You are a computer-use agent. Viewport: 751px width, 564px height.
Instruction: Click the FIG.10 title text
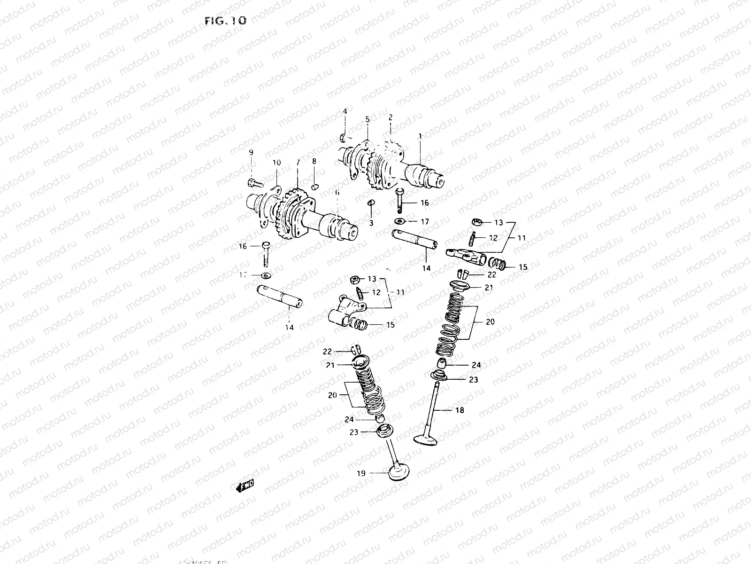[225, 21]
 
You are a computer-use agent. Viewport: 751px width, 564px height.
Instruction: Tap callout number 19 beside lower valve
[360, 473]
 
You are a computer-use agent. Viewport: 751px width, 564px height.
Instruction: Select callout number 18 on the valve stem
[460, 410]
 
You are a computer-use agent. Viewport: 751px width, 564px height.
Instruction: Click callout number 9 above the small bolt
[251, 152]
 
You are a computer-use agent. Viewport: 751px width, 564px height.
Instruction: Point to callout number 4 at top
[345, 111]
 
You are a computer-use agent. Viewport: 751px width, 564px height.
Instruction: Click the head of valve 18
[426, 439]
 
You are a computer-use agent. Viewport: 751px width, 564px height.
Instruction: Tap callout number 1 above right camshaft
[420, 136]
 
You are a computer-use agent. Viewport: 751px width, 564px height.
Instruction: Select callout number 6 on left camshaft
[337, 192]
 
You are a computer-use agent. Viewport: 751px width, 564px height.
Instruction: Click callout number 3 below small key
[371, 223]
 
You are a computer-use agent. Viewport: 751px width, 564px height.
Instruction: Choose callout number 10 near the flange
[276, 163]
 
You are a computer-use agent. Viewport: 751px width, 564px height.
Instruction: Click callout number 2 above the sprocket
[390, 117]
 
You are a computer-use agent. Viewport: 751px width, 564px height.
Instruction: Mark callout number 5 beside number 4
[368, 119]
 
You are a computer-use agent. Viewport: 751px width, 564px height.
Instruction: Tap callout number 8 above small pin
[314, 161]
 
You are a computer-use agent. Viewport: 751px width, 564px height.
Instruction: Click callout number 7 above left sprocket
[297, 162]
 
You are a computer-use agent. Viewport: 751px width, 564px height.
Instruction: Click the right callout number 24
[476, 365]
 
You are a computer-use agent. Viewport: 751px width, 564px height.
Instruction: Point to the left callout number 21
[330, 365]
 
